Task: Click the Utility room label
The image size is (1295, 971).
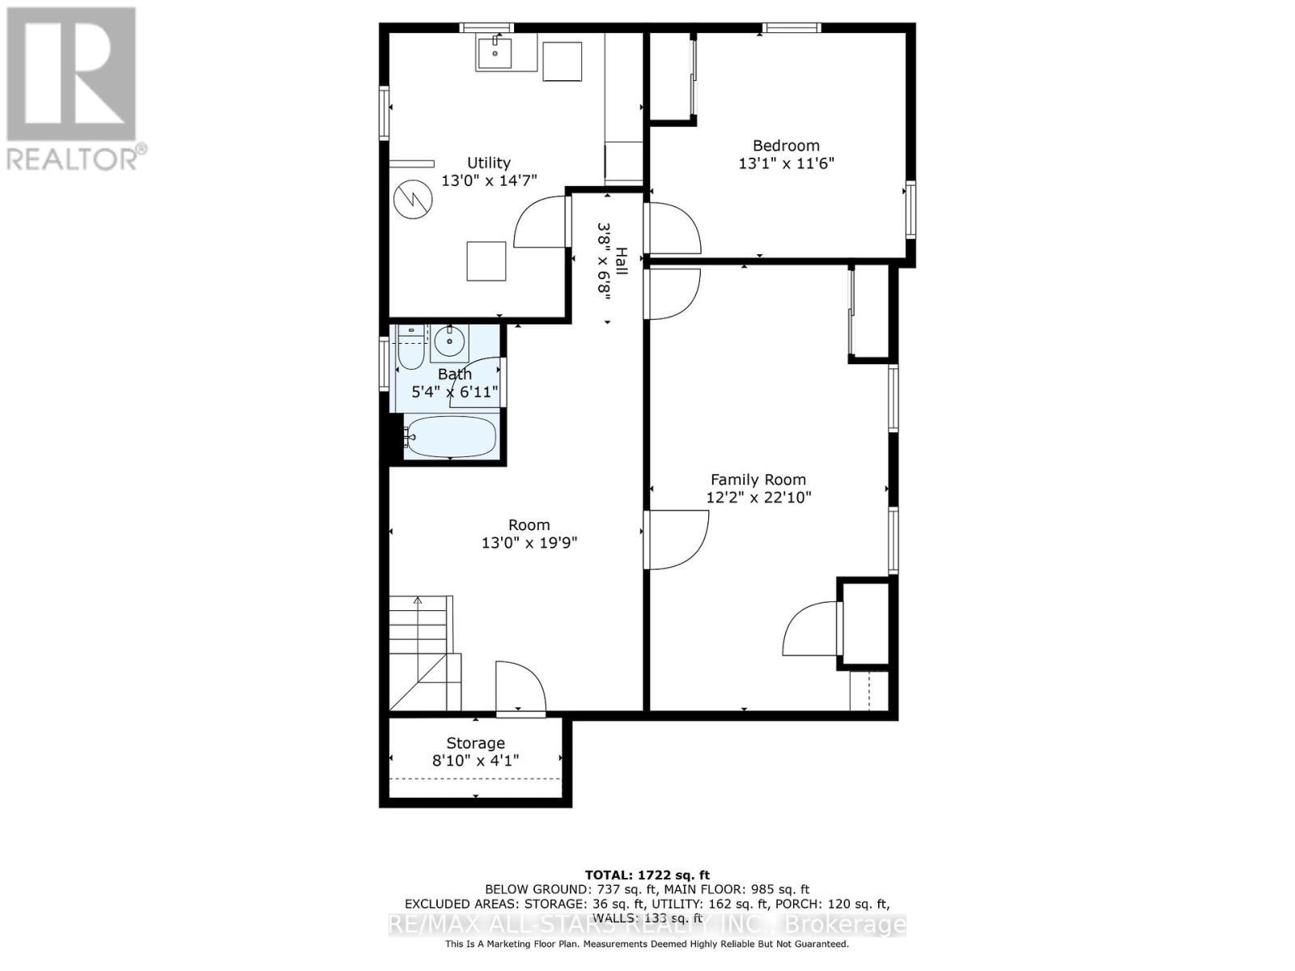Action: coord(488,163)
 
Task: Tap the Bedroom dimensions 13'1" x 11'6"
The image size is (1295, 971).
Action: coord(786,163)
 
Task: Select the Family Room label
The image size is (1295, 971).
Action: coord(758,480)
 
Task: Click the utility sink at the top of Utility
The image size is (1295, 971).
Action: coord(495,53)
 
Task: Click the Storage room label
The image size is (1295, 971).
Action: coord(475,743)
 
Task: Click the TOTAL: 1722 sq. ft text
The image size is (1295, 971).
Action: coord(647,875)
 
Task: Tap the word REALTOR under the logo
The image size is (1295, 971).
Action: coord(73,158)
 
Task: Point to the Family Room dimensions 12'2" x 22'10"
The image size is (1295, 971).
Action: coord(758,498)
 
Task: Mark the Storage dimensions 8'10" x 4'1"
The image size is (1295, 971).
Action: coord(475,761)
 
